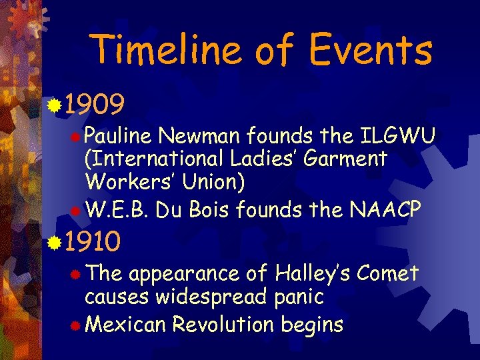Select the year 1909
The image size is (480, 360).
pyautogui.click(x=95, y=105)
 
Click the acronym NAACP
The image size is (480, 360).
pyautogui.click(x=385, y=211)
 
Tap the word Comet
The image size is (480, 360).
pyautogui.click(x=388, y=274)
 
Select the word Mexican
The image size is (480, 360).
pyautogui.click(x=126, y=325)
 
